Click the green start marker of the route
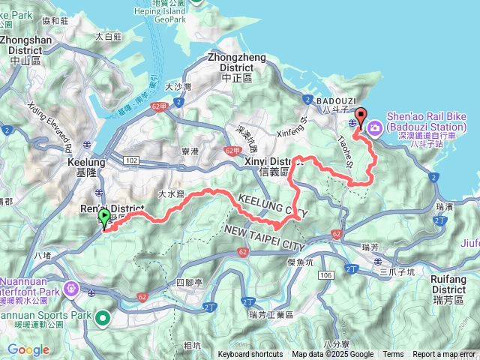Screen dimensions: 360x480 point(103,218)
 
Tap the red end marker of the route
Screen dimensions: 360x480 point(361,117)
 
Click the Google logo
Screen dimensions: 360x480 point(28,349)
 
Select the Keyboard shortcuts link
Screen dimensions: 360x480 point(250,355)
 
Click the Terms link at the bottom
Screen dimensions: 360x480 point(393,355)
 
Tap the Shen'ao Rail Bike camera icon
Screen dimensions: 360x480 point(373,128)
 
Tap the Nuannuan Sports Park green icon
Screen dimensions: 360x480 point(102,319)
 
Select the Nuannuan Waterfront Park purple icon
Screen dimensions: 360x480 point(72,287)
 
